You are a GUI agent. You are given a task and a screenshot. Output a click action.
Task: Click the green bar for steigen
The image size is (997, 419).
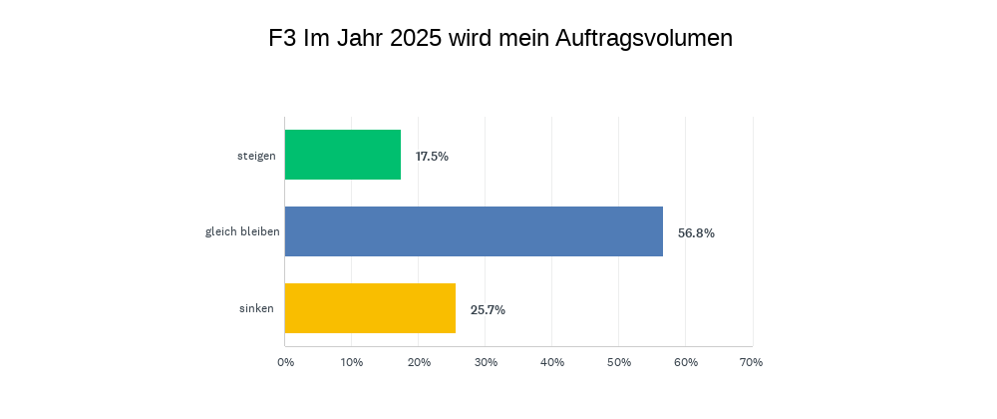343,155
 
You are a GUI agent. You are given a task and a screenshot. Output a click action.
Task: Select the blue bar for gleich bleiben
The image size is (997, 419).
474,231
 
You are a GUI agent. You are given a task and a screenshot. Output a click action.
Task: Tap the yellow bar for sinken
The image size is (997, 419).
370,308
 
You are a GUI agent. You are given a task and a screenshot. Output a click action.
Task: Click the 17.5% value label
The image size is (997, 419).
432,157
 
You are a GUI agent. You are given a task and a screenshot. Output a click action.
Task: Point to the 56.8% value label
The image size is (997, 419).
696,233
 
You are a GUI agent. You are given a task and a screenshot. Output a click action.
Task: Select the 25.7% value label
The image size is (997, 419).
488,310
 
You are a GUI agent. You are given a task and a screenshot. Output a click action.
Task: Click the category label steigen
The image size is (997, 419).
256,156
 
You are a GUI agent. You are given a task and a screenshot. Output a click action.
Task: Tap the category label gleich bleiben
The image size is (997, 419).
242,232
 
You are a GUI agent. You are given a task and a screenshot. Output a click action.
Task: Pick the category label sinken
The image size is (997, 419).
256,309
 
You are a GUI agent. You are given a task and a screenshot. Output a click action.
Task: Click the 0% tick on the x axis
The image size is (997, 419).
285,362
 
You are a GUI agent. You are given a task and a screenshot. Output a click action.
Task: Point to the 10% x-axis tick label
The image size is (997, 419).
351,362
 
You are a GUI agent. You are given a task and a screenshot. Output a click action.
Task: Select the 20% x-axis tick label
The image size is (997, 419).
418,362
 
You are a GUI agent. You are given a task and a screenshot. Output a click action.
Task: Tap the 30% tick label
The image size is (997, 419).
486,362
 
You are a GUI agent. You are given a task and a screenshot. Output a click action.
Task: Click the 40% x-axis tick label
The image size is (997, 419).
552,362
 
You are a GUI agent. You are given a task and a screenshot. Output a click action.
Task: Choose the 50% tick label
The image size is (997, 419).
619,362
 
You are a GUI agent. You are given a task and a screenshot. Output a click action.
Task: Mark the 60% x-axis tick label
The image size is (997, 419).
685,362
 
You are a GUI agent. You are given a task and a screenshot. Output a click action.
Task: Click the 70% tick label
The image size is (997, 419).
752,362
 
